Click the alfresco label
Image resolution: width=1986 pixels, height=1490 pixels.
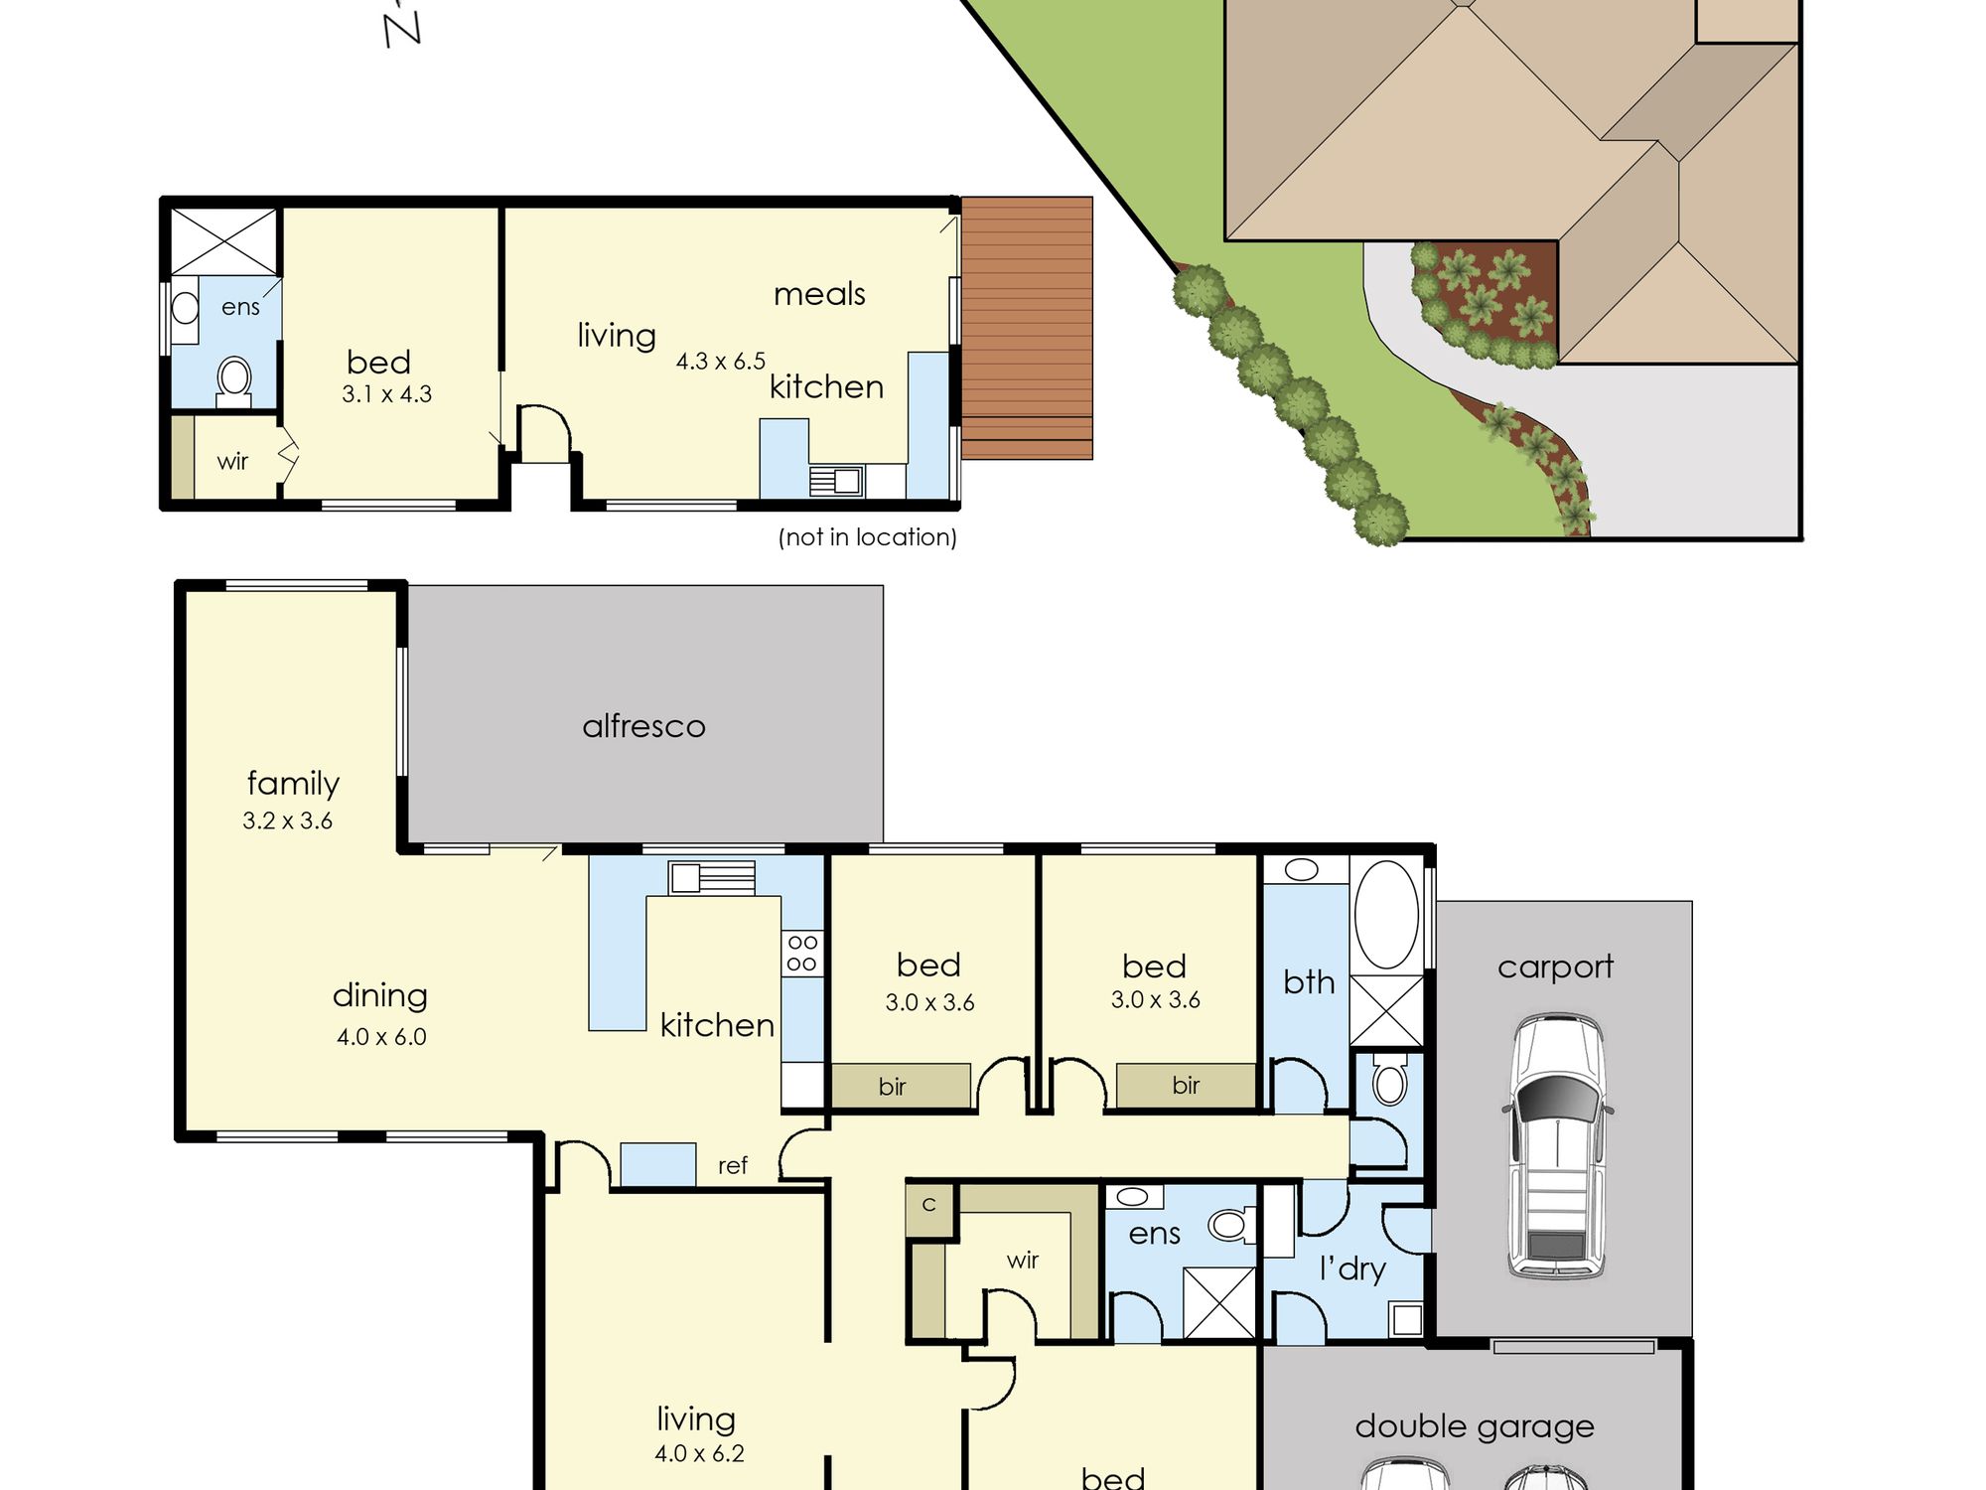(643, 726)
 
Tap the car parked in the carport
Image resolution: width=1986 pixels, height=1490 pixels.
(1558, 1145)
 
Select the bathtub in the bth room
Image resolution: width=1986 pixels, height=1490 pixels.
(1386, 914)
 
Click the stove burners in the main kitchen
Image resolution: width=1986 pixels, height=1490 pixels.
(802, 953)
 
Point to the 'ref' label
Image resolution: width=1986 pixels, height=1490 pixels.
(733, 1165)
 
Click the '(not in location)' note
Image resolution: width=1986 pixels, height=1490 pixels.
(867, 537)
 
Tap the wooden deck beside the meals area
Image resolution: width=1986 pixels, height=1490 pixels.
(1027, 328)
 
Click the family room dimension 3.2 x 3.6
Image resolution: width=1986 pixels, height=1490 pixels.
(287, 820)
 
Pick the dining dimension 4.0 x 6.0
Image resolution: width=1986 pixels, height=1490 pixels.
(381, 1037)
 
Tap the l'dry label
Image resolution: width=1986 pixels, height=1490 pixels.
(1352, 1268)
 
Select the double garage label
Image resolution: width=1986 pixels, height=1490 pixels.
(1475, 1427)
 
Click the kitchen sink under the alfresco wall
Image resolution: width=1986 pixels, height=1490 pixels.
(711, 877)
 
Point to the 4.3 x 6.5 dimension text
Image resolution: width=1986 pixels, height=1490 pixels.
(721, 362)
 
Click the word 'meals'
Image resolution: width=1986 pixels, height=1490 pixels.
(819, 294)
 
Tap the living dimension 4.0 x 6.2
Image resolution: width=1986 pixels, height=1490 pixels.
(699, 1454)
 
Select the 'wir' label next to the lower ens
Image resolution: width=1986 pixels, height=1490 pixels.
(1023, 1261)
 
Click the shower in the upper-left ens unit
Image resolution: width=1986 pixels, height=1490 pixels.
(224, 241)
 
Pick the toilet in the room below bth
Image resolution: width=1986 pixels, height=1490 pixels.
(1389, 1080)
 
